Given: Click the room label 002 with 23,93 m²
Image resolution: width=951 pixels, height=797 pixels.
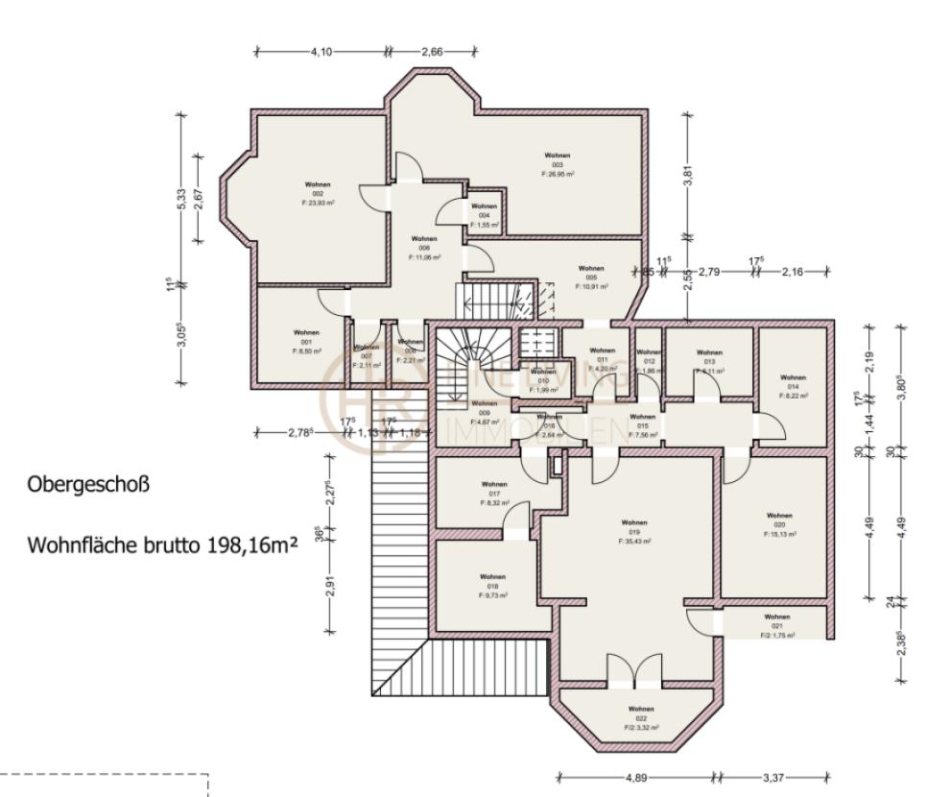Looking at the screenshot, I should coord(318,193).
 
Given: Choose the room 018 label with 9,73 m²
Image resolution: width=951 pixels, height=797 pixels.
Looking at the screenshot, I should coord(493,586).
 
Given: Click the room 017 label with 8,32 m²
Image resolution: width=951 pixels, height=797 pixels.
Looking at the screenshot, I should coord(494,494).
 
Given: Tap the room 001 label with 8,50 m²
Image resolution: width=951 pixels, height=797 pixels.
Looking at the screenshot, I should coord(306,342).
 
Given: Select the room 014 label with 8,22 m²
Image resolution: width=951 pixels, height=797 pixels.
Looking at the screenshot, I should coord(794,386).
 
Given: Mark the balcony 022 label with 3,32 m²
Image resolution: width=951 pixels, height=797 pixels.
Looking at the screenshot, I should coord(641,718).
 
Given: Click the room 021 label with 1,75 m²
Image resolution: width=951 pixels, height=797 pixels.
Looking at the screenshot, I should coord(777,626).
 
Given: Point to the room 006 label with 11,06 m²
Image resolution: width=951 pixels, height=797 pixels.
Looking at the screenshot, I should coord(423,248).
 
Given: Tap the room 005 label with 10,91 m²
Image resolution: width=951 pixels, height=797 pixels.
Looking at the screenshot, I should coord(591,278).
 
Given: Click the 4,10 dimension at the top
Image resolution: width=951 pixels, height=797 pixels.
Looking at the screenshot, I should coord(321,52).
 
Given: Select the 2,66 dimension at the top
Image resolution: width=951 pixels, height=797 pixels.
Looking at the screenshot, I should coord(432,52).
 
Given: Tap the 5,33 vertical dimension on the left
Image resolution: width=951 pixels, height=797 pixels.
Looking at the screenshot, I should coord(180,199).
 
